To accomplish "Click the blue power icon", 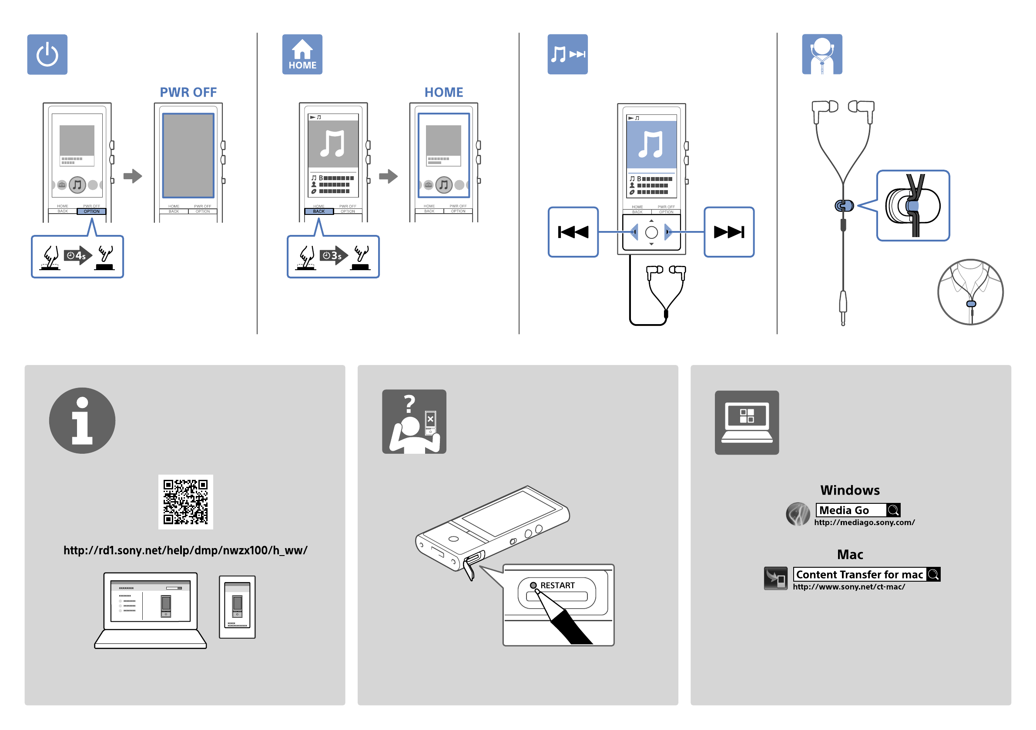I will click(x=47, y=54).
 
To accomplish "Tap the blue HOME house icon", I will click(x=302, y=54).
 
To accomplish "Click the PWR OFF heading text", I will click(x=188, y=93).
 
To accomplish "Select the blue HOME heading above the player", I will click(x=443, y=93).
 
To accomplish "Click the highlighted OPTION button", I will click(x=92, y=211).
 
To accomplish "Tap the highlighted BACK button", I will click(x=319, y=211).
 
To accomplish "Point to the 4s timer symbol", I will click(x=77, y=256).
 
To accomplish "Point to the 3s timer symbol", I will click(x=333, y=256).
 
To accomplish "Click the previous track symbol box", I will click(x=573, y=232).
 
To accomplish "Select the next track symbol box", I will click(x=729, y=232).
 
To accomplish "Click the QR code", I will click(x=185, y=502).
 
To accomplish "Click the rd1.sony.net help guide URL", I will click(x=185, y=550).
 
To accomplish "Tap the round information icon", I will click(x=82, y=421).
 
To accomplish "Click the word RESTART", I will click(x=558, y=585).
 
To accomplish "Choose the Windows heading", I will click(x=850, y=490).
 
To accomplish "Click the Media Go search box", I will click(x=857, y=510).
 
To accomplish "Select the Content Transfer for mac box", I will click(x=866, y=574).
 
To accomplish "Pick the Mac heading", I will click(x=850, y=555).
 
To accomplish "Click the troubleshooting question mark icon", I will click(x=414, y=422).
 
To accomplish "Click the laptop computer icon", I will click(x=747, y=422).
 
